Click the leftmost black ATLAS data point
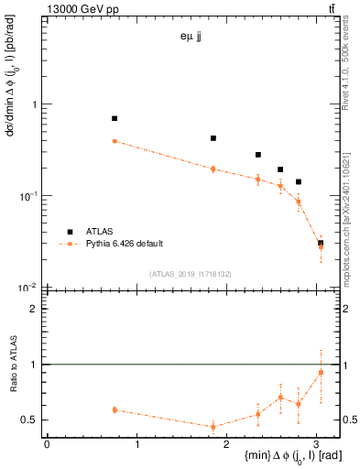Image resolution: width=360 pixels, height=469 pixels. pos(115,118)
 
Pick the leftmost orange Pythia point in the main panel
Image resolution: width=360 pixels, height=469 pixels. pos(115,141)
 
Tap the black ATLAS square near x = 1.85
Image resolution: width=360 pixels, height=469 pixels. pos(213,138)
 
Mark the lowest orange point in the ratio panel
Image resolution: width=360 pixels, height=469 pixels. pos(213,427)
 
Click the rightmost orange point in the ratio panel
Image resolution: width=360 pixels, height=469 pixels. pos(321,373)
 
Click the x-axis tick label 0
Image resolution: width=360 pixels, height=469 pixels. pos(47,443)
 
